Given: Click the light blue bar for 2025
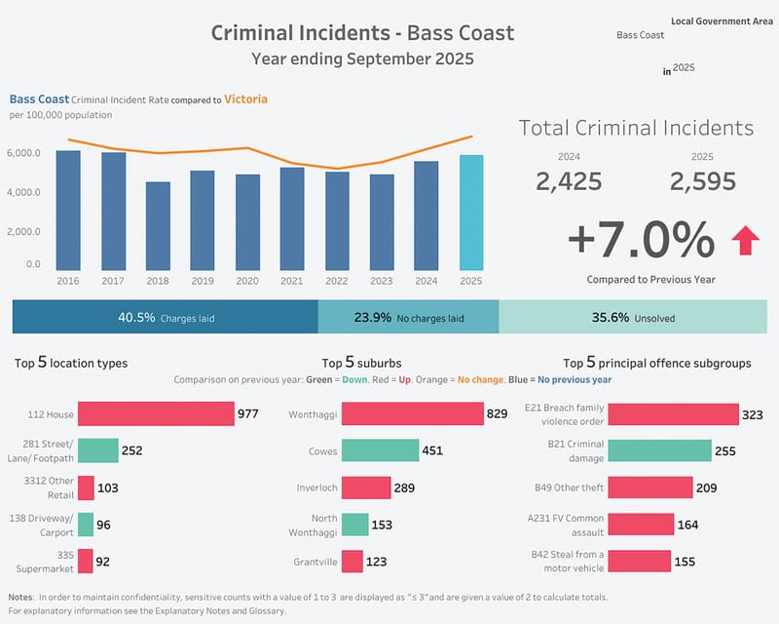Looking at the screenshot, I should [x=470, y=213].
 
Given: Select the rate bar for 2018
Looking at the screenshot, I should [x=158, y=226].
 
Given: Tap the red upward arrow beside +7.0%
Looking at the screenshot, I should [x=746, y=239].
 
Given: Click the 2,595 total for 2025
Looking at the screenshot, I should [x=702, y=181].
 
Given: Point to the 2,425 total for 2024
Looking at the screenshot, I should [x=569, y=181].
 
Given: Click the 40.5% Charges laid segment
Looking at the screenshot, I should [x=166, y=317].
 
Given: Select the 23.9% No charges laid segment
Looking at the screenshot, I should [x=408, y=317].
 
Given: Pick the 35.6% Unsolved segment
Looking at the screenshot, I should [x=633, y=317].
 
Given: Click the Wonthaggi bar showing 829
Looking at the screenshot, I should [x=413, y=414].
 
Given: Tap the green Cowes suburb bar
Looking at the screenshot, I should [x=380, y=450].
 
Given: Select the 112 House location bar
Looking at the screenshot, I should [x=156, y=414].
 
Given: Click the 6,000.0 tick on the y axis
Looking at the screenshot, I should [x=23, y=153].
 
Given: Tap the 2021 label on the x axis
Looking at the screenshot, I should [x=291, y=281].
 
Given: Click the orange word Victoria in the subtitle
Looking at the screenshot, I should [x=245, y=98].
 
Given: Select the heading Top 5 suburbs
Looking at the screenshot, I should [x=361, y=363].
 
